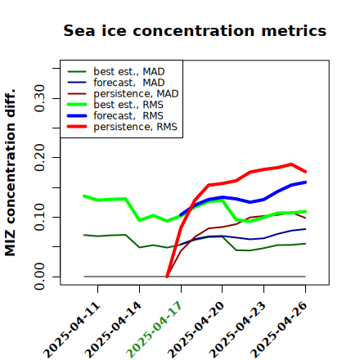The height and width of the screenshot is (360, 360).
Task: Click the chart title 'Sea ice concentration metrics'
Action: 195,30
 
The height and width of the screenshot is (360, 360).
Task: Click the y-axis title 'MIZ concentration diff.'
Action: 10,173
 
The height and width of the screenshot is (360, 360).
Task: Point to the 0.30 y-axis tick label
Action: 40,98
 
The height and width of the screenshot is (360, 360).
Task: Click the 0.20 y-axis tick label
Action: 40,158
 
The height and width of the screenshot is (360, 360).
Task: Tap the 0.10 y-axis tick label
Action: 40,217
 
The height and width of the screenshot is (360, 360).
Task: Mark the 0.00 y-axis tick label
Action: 40,277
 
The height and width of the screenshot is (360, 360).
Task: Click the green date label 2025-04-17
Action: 154,330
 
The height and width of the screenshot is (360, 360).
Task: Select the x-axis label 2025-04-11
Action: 72,330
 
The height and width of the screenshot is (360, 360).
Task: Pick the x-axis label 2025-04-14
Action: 113,330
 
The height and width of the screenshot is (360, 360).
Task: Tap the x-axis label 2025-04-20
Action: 196,330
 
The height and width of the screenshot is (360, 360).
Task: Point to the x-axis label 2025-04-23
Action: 237,330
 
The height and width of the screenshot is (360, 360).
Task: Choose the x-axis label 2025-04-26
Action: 279,330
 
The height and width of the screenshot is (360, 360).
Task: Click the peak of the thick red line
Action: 291,164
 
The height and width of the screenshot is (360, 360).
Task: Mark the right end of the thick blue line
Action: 305,182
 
